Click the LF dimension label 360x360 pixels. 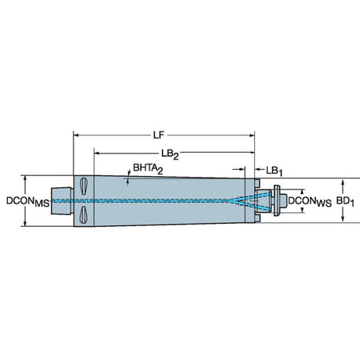159,135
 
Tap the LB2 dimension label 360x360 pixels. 170,154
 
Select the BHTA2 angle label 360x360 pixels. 148,168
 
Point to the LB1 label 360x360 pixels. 274,171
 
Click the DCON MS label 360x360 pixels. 28,202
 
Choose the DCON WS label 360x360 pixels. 310,201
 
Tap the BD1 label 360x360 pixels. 345,202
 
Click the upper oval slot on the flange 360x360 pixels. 83,186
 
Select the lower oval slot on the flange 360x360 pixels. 83,214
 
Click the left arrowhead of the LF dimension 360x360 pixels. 76,135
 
